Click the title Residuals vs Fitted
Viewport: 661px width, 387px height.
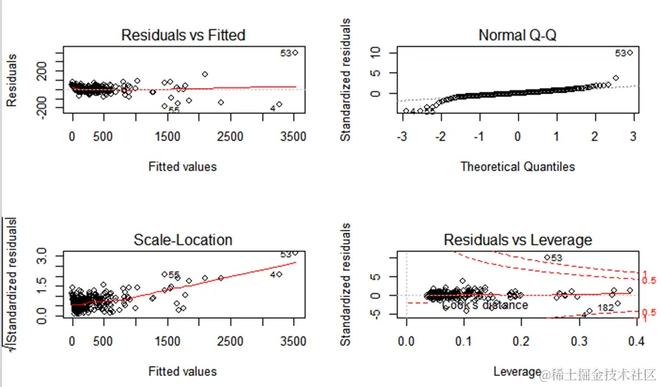click(x=183, y=35)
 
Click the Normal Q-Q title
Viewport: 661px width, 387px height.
click(x=518, y=35)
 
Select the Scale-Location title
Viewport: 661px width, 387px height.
click(x=183, y=239)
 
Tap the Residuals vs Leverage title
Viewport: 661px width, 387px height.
click(x=518, y=239)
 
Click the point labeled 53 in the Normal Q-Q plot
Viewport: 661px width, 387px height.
click(x=629, y=53)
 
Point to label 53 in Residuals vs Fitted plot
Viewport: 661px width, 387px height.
click(x=286, y=53)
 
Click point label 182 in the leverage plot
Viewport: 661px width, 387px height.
click(x=606, y=307)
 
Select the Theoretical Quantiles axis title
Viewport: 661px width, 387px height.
click(x=518, y=167)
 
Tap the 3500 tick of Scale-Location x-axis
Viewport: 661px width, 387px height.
click(x=294, y=341)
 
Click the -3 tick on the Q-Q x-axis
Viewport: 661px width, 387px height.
click(x=402, y=137)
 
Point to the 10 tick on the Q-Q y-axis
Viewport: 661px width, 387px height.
click(x=375, y=52)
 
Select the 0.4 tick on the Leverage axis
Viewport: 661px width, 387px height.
click(x=637, y=341)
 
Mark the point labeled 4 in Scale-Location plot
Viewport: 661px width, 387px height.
click(x=279, y=274)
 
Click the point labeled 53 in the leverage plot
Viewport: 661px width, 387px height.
click(x=547, y=258)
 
